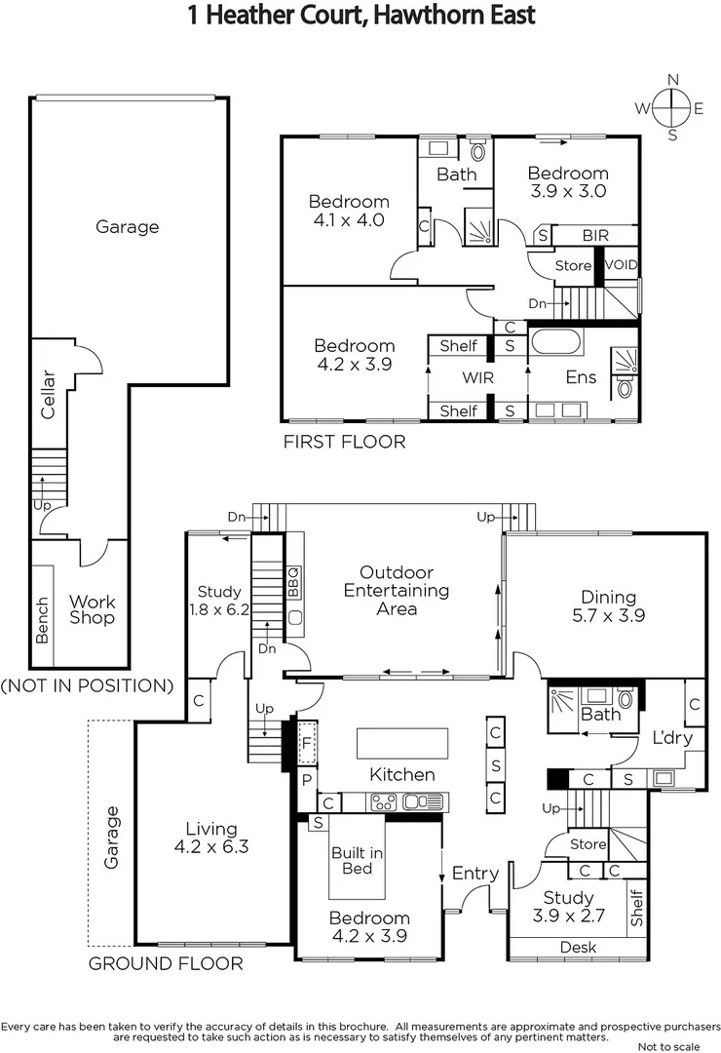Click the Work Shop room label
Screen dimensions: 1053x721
pyautogui.click(x=92, y=610)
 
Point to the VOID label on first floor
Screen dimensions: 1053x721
pyautogui.click(x=622, y=265)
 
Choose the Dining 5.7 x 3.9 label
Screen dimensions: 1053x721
pyautogui.click(x=608, y=606)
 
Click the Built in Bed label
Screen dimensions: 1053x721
pyautogui.click(x=357, y=860)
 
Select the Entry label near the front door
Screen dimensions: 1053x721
pyautogui.click(x=475, y=874)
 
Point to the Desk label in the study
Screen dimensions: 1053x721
pyautogui.click(x=578, y=947)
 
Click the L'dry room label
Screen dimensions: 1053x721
pyautogui.click(x=673, y=738)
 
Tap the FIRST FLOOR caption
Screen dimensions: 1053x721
pyautogui.click(x=344, y=442)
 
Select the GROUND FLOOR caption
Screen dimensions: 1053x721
pyautogui.click(x=166, y=964)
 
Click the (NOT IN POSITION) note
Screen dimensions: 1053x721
pyautogui.click(x=87, y=685)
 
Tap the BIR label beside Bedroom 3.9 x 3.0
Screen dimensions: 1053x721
pyautogui.click(x=595, y=236)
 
